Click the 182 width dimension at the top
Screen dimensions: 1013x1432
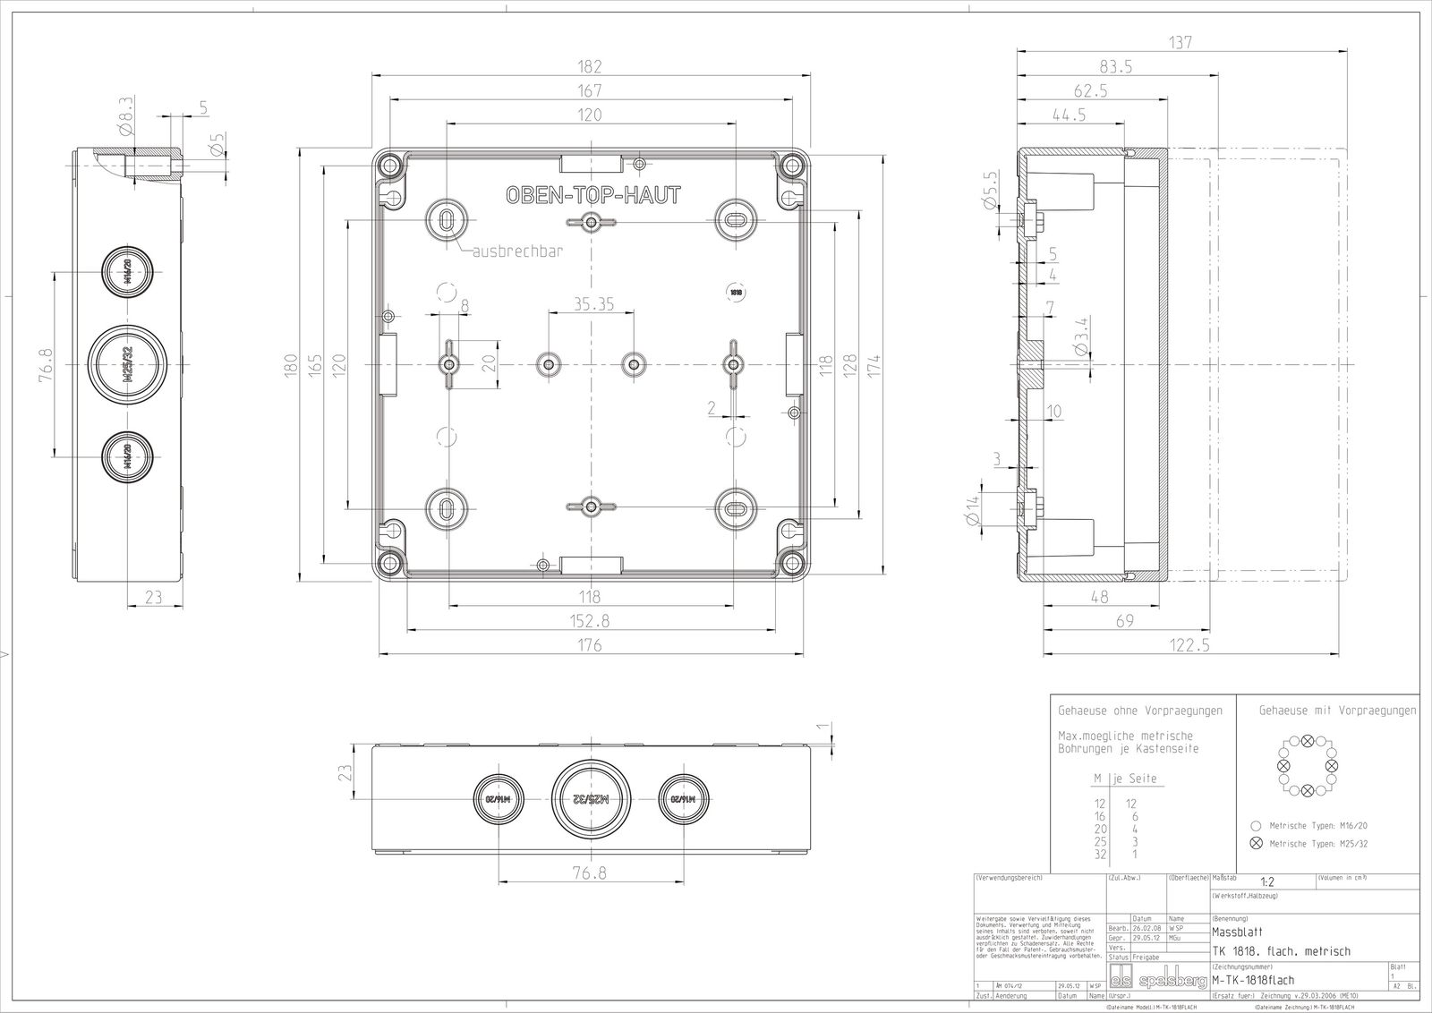[x=589, y=66]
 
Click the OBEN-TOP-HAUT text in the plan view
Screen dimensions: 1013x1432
[x=592, y=195]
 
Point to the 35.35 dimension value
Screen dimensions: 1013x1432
[x=593, y=304]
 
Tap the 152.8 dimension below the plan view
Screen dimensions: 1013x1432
[x=589, y=620]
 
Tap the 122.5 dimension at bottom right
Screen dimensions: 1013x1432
[x=1190, y=644]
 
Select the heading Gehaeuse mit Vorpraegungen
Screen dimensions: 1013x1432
[x=1337, y=711]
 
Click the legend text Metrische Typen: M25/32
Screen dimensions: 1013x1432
[x=1318, y=844]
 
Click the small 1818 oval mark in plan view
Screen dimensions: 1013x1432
[x=736, y=292]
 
